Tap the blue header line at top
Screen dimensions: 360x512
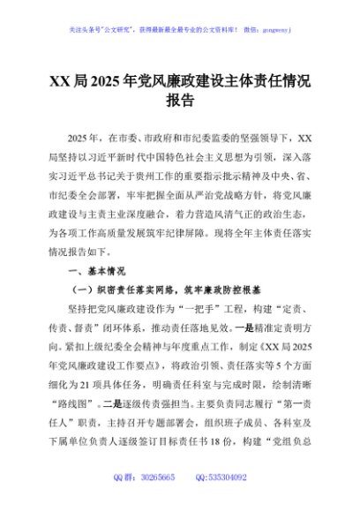(179, 28)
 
